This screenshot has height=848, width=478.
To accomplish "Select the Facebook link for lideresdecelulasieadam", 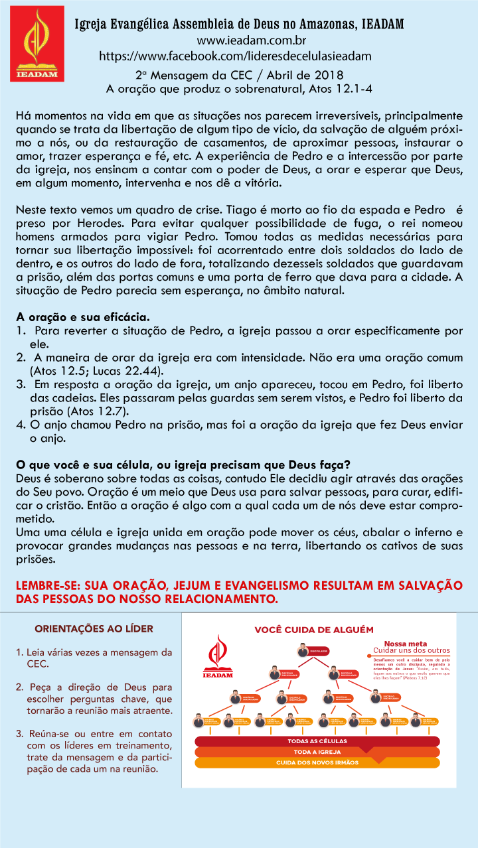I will [x=235, y=56].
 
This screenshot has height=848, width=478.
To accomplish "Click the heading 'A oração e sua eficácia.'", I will [x=83, y=317].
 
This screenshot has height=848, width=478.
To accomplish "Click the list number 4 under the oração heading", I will [x=21, y=425].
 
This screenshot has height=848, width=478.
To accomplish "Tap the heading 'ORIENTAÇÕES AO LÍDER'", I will [x=94, y=628].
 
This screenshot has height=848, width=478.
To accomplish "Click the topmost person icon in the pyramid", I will [x=302, y=649].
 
